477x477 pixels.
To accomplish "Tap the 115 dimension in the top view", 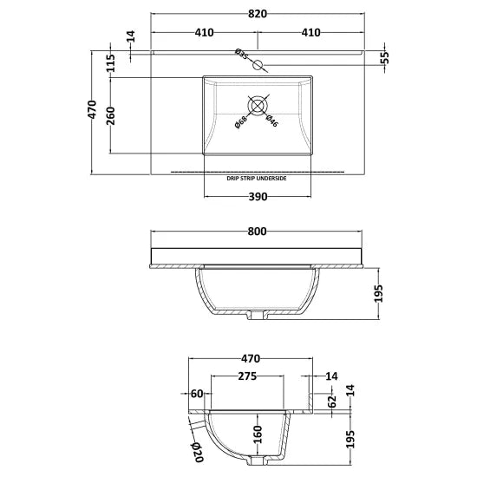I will [110, 63].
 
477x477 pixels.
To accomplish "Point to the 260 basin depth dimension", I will [110, 116].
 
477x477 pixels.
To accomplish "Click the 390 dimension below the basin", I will [258, 197].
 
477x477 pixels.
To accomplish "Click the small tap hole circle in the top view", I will [257, 62].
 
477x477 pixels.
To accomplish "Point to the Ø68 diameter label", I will [241, 122].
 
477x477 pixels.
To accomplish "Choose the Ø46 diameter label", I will [271, 122].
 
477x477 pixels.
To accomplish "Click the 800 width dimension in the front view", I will [257, 232].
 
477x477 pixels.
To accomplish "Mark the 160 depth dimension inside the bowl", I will [257, 432].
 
